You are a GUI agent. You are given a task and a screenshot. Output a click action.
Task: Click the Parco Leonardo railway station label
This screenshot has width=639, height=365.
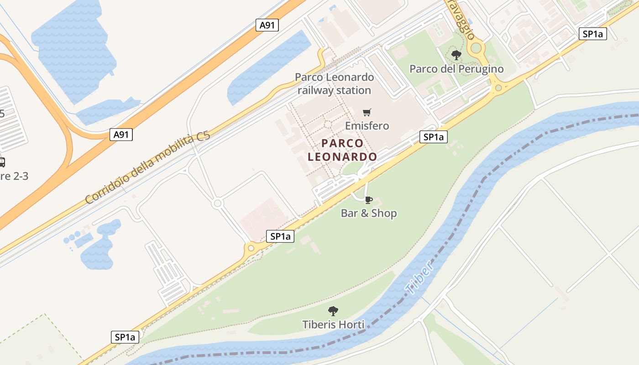[335, 84]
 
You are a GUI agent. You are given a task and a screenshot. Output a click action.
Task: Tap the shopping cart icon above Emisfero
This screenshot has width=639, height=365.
[367, 112]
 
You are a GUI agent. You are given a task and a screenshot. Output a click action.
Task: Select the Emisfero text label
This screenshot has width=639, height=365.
[367, 125]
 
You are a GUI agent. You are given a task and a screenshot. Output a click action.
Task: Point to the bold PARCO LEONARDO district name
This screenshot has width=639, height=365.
[342, 150]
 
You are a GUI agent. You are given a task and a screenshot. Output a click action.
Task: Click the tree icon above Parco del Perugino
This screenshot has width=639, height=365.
[456, 56]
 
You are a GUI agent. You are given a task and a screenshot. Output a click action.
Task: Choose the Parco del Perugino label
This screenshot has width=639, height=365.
[456, 69]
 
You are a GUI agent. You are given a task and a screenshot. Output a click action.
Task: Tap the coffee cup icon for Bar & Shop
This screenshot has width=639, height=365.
[369, 200]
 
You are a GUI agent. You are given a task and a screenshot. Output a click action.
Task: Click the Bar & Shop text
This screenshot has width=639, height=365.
[369, 213]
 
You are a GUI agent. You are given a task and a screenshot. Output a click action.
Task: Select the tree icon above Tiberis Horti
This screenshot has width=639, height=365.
[333, 311]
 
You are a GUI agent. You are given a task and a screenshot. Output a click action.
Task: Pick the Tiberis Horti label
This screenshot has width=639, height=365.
[333, 324]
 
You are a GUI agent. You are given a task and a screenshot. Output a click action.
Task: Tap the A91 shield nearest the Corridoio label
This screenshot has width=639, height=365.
[121, 134]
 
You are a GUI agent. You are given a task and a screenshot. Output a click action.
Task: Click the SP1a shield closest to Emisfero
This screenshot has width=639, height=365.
[433, 137]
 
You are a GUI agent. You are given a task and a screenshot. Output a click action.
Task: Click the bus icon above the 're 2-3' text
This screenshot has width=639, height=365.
[2, 162]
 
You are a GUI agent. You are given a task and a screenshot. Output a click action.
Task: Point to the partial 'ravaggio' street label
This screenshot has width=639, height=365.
[461, 21]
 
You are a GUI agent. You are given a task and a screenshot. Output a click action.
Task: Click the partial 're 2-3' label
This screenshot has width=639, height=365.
[14, 176]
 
